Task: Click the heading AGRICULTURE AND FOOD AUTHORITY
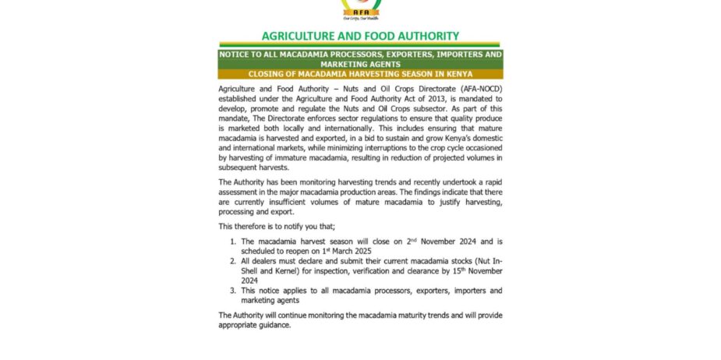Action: coord(360,36)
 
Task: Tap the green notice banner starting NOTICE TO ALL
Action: coord(360,59)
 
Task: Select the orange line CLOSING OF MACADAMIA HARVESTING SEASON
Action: coord(360,74)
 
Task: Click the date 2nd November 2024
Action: coord(415,243)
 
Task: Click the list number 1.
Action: coord(232,243)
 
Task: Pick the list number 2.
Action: coord(232,261)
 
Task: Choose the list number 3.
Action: coord(232,290)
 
